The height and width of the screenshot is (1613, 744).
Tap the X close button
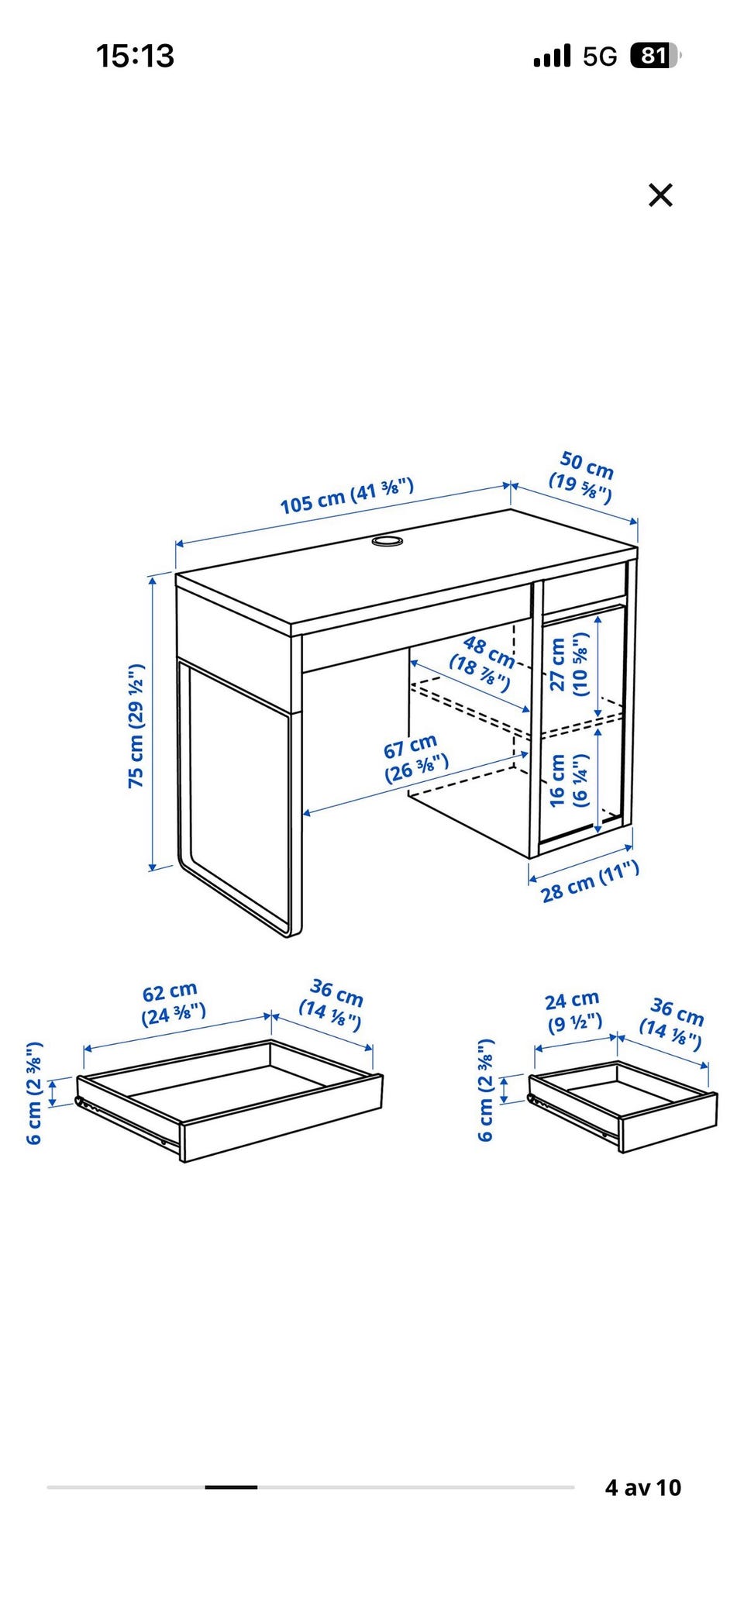(660, 195)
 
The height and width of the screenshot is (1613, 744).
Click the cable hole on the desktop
(387, 539)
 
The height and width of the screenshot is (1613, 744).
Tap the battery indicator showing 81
(655, 56)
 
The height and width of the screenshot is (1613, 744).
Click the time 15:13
(135, 56)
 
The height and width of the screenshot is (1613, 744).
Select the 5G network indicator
(600, 56)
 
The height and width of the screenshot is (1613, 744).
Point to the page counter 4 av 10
(642, 1487)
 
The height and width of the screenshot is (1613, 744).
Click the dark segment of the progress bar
(231, 1487)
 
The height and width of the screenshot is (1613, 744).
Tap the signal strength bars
(552, 56)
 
